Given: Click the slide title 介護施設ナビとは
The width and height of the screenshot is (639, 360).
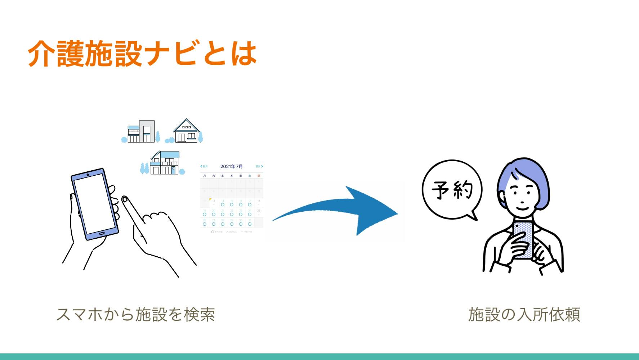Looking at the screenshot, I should click(142, 53).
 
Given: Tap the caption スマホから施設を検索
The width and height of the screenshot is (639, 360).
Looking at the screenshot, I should click(136, 314).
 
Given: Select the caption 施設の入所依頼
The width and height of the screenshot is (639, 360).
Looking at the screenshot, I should click(524, 314).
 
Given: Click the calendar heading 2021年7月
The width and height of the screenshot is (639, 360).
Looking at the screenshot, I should click(231, 166).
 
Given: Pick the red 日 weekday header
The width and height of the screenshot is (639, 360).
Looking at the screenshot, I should click(259, 176).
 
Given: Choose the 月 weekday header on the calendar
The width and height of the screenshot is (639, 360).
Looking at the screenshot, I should click(205, 176).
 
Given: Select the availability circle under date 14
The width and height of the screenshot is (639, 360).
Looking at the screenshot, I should click(223, 204).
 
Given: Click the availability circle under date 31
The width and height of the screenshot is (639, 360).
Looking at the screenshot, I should click(250, 224).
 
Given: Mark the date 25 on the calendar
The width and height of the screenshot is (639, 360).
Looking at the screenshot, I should click(259, 211).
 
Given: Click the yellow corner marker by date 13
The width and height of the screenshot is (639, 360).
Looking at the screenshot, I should click(210, 199).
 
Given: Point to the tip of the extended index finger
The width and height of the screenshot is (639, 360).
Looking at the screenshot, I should click(125, 199).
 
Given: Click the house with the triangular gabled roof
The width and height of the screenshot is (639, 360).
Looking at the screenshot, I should click(186, 131).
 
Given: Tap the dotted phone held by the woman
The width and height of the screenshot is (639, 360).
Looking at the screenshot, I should click(523, 239).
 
